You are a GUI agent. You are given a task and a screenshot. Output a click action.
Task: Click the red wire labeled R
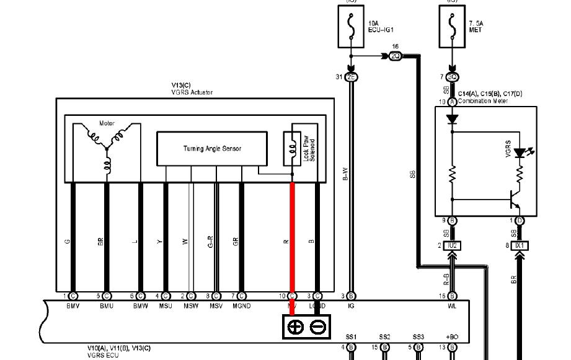coord(292,242)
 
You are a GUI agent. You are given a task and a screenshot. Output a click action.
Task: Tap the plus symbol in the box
coord(296,327)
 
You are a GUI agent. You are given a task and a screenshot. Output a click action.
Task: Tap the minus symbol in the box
coord(317,327)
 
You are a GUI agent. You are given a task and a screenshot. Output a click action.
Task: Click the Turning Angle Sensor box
coord(211,149)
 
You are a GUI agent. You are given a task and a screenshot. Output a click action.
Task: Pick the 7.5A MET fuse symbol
coord(453,26)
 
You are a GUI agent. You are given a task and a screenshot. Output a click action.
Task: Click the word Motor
coord(107,123)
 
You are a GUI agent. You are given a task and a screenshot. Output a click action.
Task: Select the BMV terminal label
coord(73,306)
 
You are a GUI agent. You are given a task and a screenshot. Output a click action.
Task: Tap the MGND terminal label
coord(241,306)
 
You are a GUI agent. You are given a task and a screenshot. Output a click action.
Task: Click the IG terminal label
coord(352,306)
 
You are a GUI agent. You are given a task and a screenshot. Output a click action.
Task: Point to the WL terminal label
coord(453,306)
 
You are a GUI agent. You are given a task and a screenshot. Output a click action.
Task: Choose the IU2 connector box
coord(452,246)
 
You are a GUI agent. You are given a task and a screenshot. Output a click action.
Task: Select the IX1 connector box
coord(520,246)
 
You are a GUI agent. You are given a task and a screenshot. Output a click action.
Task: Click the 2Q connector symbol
coord(396,56)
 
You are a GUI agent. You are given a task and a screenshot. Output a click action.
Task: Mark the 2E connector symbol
coord(352,77)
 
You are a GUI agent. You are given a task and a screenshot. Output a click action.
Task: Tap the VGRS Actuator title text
coord(192,92)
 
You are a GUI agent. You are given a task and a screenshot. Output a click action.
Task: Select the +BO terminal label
coord(453,336)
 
